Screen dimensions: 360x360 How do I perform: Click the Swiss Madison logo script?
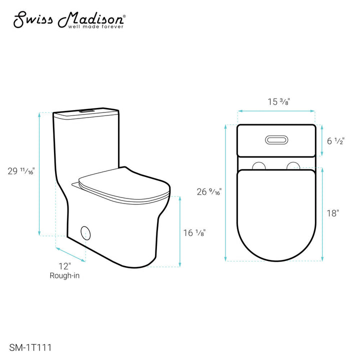(x=69, y=19)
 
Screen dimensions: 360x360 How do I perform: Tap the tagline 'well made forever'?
(x=95, y=26)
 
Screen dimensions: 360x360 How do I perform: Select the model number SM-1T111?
(x=30, y=347)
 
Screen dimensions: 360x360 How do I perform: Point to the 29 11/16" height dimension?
(x=21, y=171)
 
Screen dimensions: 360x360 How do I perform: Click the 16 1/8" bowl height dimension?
(x=194, y=233)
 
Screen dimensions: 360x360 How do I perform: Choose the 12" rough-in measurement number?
(x=64, y=266)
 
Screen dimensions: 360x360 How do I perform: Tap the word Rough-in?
(x=64, y=275)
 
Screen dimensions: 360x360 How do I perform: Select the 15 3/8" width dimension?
(x=278, y=101)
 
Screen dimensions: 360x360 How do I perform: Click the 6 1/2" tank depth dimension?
(x=335, y=140)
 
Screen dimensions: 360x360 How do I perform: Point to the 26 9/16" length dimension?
(x=209, y=191)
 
